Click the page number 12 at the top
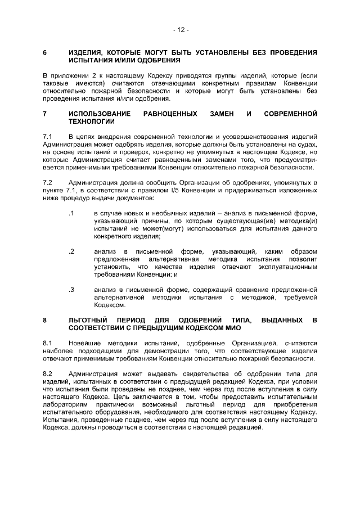pos(180,29)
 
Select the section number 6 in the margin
pos(45,52)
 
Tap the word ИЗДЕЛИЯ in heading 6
pos(87,52)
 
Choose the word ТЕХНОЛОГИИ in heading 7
pos(92,121)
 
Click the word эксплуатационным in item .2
pos(287,267)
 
